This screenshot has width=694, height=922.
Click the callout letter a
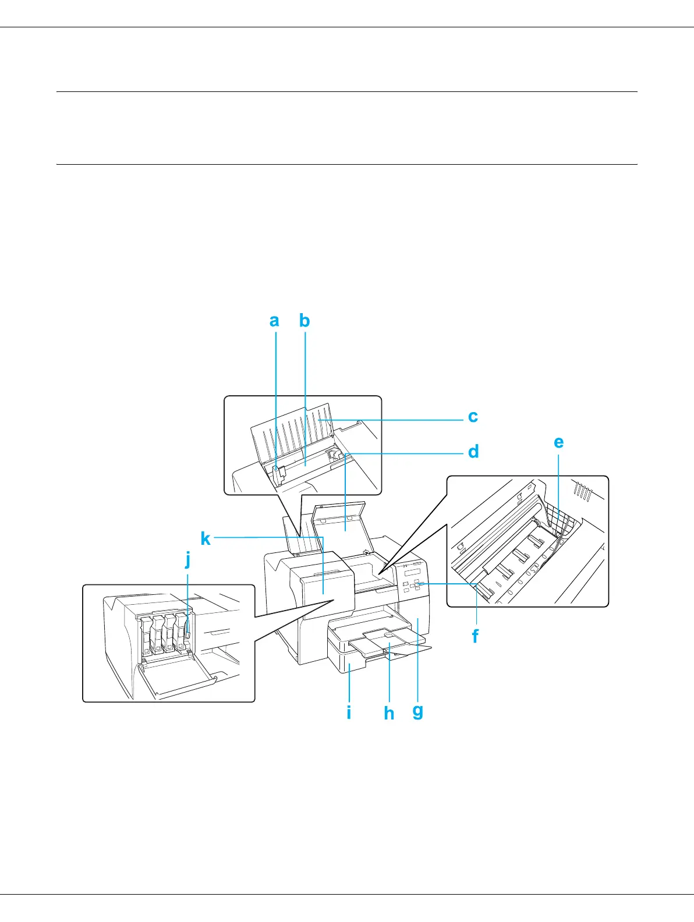(274, 321)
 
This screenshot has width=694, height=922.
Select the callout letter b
(304, 321)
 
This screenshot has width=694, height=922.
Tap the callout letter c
(473, 417)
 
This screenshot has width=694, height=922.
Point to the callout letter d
(473, 451)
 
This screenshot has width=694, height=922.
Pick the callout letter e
(558, 443)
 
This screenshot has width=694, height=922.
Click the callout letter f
(475, 636)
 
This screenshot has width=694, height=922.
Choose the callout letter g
(417, 711)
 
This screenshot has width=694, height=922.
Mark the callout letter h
(389, 713)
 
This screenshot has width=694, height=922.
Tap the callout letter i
(349, 712)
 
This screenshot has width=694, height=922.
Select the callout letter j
(187, 560)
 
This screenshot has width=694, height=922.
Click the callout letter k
(206, 538)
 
